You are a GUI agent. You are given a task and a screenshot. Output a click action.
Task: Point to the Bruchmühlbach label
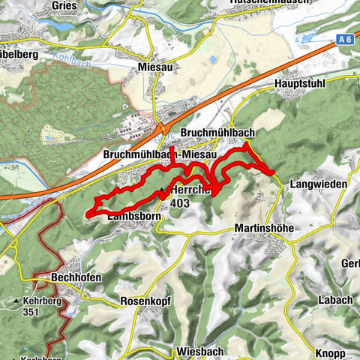pos(218,133)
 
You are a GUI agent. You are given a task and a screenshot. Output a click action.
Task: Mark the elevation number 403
pos(179,202)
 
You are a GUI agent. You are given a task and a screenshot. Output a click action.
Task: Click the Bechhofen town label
pos(72,277)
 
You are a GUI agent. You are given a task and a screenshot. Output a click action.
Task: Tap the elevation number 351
pos(31,312)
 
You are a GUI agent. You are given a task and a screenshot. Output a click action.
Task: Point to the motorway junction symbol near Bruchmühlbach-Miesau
pos(163,128)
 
